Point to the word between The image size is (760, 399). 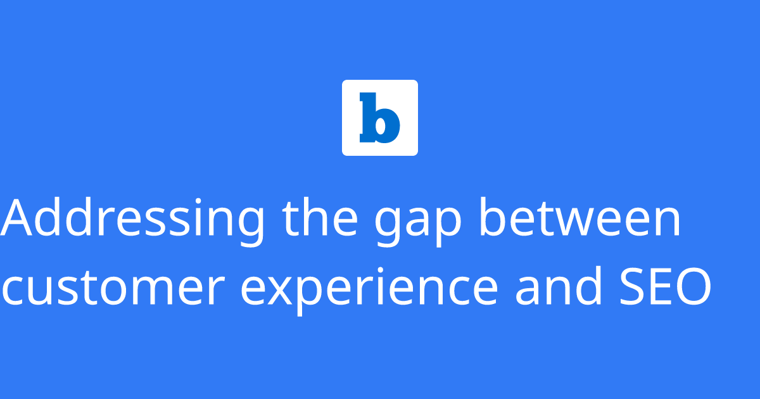click(x=579, y=218)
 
